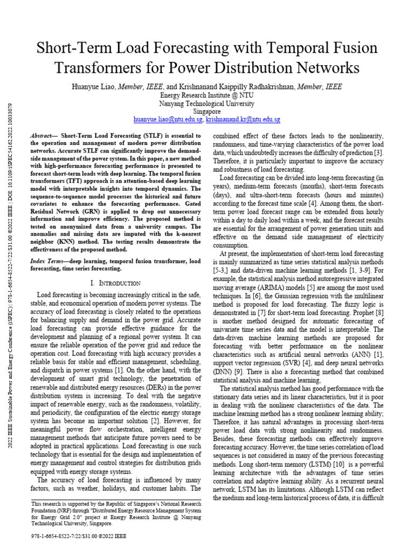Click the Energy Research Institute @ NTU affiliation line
[x=207, y=95]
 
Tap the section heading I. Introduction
[x=115, y=283]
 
